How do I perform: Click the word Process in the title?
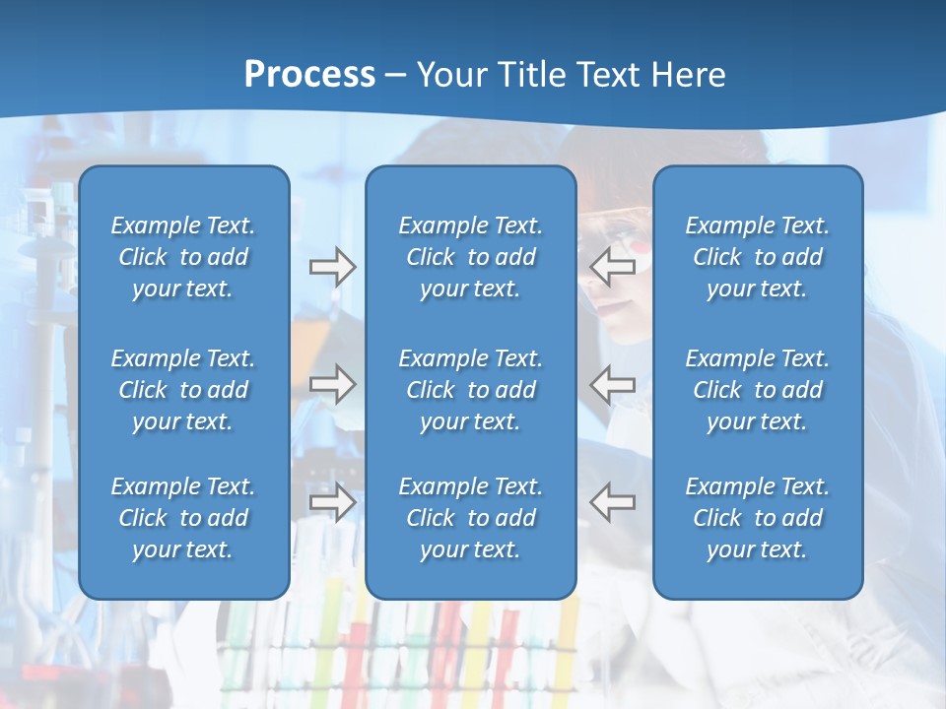point(309,75)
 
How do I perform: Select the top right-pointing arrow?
point(332,267)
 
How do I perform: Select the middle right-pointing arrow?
point(332,384)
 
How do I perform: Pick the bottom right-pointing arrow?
point(332,502)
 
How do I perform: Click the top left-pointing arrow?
point(613,267)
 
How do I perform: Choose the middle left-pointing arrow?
point(613,384)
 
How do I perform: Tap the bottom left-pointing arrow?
point(613,502)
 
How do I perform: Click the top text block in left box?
point(183,257)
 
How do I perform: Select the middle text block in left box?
point(183,390)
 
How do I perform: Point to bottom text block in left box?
point(183,518)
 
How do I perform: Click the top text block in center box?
point(470,257)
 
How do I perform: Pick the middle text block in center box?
point(470,390)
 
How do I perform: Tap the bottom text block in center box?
point(470,518)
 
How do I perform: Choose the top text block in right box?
point(757,257)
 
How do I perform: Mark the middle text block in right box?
point(757,390)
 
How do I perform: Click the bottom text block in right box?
point(757,518)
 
